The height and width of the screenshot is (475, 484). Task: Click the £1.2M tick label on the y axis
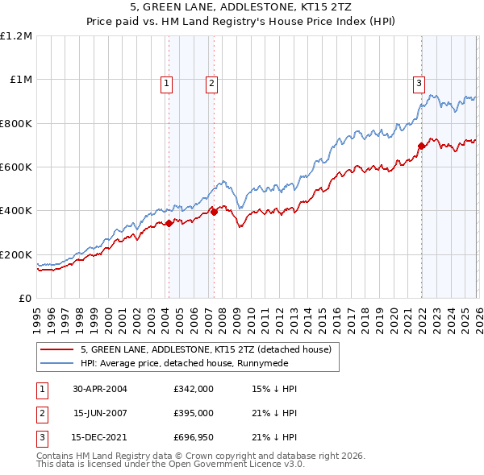pyautogui.click(x=16, y=36)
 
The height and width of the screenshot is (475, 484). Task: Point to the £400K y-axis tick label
pyautogui.click(x=16, y=211)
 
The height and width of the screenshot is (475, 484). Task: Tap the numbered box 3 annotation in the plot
pyautogui.click(x=419, y=82)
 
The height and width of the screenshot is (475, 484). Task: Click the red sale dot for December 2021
pyautogui.click(x=421, y=146)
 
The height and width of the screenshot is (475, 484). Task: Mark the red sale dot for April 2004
pyautogui.click(x=169, y=223)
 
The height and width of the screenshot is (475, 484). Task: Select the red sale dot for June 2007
pyautogui.click(x=214, y=212)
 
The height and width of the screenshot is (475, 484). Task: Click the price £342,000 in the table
pyautogui.click(x=194, y=389)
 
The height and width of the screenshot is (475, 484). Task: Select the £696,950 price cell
pyautogui.click(x=194, y=439)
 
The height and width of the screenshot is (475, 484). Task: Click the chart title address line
pyautogui.click(x=242, y=8)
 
